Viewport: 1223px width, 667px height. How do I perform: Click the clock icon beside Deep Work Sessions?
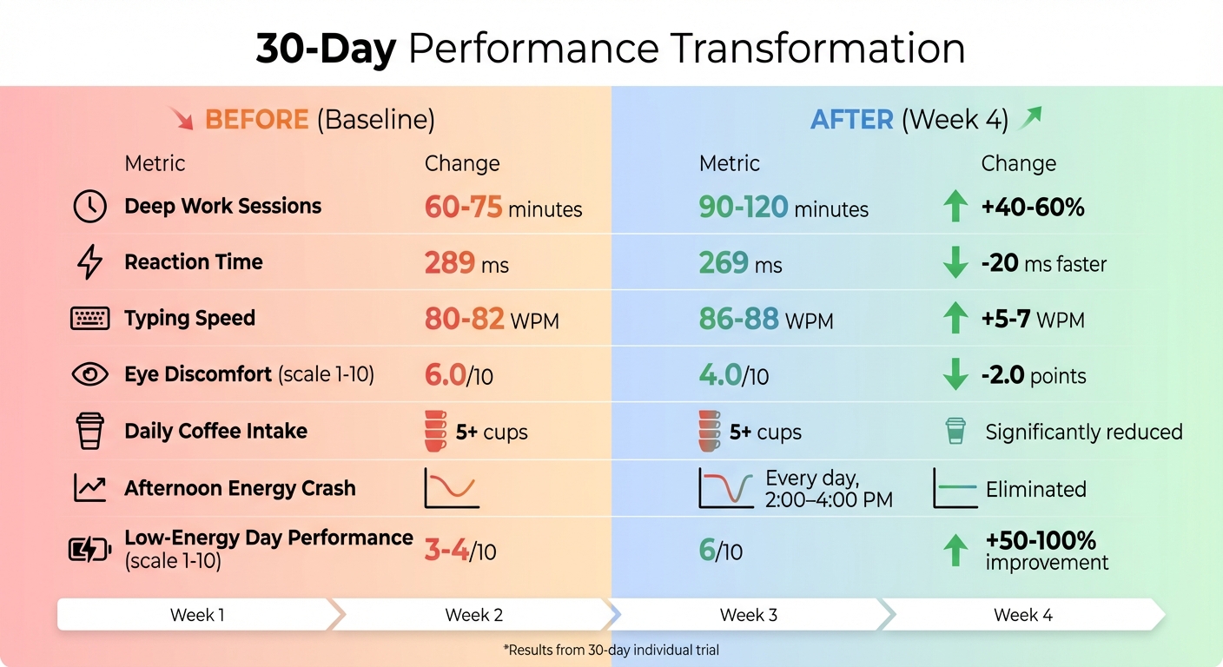point(89,207)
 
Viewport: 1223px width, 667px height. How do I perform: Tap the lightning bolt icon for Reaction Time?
point(89,262)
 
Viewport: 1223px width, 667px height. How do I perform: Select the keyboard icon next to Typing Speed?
point(89,319)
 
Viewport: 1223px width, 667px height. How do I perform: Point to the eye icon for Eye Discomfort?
point(89,374)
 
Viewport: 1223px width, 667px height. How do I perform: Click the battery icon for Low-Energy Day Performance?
point(89,549)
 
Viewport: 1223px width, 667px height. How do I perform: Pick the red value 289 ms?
point(466,262)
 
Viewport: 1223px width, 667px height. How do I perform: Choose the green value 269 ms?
point(740,262)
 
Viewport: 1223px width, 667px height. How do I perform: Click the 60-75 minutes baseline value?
point(503,208)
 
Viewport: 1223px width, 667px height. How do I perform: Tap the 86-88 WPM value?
point(765,320)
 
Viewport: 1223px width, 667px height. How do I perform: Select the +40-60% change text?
point(1034,208)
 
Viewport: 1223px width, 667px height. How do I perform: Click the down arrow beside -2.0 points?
point(955,374)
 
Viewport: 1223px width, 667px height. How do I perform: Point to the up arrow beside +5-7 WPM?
point(955,319)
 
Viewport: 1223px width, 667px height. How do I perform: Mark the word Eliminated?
point(1035,489)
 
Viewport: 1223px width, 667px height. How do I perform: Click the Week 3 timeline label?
point(748,615)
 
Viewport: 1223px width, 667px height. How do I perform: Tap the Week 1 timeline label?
point(197,615)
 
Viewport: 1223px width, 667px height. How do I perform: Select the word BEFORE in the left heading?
point(256,119)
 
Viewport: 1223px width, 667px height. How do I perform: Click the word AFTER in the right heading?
point(851,119)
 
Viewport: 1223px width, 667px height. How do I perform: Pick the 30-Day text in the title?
point(326,49)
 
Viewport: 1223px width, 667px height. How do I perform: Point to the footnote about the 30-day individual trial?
point(611,650)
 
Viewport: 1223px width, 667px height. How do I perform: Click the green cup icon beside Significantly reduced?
point(955,431)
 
